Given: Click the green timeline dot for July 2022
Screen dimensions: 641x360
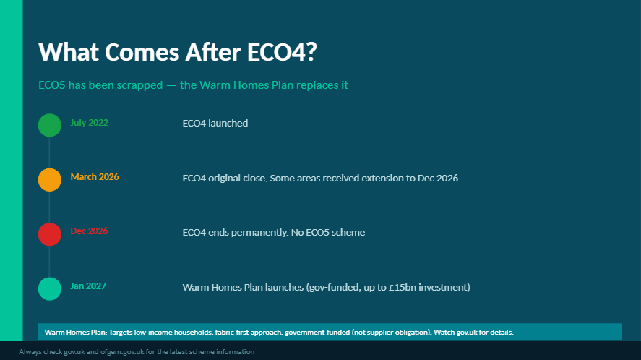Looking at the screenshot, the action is pos(49,125).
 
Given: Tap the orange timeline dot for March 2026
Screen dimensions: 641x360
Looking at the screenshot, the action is pos(49,179).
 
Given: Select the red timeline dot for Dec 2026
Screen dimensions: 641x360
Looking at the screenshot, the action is pos(49,234).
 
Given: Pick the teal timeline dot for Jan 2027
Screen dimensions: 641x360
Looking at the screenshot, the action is pos(49,289).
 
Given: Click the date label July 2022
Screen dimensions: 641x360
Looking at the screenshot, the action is pos(89,123).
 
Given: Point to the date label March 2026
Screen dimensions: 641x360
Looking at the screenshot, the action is pos(95,176).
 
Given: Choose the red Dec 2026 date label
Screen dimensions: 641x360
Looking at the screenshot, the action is pos(89,231).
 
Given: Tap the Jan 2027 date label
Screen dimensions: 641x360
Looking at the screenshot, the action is pos(88,286).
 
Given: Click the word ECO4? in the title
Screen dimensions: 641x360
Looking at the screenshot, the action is pos(282,52).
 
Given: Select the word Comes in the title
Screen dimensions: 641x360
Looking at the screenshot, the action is pos(142,52).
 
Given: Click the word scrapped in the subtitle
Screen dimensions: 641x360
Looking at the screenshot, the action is pos(139,85).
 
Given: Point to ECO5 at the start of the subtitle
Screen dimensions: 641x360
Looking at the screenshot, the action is pos(51,85).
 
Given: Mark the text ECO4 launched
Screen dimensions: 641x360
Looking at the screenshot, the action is pos(215,123).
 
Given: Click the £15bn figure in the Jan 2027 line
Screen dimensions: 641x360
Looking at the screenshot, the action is pos(403,287).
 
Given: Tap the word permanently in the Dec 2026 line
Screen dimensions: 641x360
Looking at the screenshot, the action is pos(262,232).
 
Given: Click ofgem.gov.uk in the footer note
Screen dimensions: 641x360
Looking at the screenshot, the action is pos(122,352).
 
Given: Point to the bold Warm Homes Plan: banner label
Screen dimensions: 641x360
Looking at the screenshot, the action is pos(76,333).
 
